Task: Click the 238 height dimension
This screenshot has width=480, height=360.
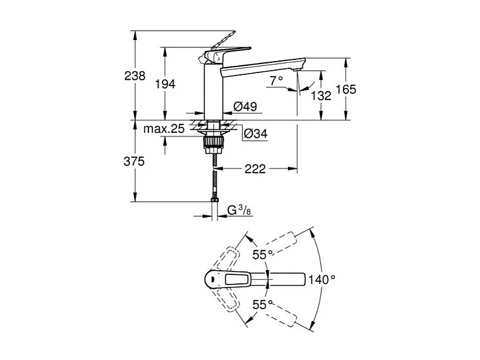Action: [135, 76]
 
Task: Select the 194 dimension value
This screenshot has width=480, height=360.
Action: [165, 84]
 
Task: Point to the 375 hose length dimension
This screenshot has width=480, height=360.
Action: [135, 161]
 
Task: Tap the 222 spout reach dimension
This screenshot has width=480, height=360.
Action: [255, 170]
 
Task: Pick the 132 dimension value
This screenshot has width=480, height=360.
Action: [321, 95]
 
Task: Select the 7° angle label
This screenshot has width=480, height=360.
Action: [276, 80]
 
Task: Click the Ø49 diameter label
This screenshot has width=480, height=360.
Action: [245, 107]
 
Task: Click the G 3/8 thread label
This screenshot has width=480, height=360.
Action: [238, 210]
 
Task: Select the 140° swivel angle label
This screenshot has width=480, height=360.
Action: [321, 279]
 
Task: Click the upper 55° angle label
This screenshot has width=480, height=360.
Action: [262, 255]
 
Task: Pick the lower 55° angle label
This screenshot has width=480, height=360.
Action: [262, 304]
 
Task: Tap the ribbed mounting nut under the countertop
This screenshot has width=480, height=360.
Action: [214, 142]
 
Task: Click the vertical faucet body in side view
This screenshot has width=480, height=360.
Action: [214, 90]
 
